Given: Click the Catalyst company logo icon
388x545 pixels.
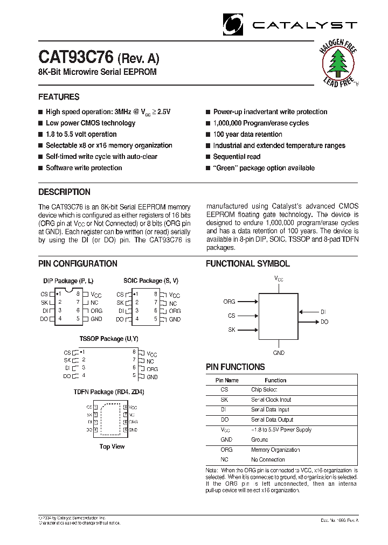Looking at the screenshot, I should coord(233,24).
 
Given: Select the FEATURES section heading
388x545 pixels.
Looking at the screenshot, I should coord(59,97).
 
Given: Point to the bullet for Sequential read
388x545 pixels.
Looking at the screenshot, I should coord(207,157).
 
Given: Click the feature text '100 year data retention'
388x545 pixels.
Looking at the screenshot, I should coord(247,135).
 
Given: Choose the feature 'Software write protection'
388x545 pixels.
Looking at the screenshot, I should coord(84,168).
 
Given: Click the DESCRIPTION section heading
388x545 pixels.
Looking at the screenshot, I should coord(64,192).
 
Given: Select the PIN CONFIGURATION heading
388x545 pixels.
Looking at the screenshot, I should coord(78,264).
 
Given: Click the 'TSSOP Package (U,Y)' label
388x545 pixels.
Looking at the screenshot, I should coord(109,339).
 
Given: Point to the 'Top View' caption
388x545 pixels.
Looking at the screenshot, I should coord(112,446).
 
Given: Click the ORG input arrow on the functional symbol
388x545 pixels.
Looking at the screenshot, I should coord(247,302).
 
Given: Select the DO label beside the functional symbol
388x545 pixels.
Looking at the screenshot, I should coord(324,322).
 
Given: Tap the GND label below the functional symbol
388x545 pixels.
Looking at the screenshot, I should coord(279,353).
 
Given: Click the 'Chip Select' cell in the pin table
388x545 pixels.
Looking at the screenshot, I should coord(264,389).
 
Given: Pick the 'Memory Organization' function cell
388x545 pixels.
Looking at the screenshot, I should coord(275,450).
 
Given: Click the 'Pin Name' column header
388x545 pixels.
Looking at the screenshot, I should coord(226,380).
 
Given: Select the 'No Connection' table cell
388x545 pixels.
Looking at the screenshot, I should coord(268,459).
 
